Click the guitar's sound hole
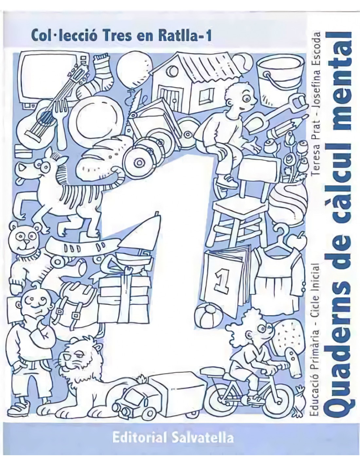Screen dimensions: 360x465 46,116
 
